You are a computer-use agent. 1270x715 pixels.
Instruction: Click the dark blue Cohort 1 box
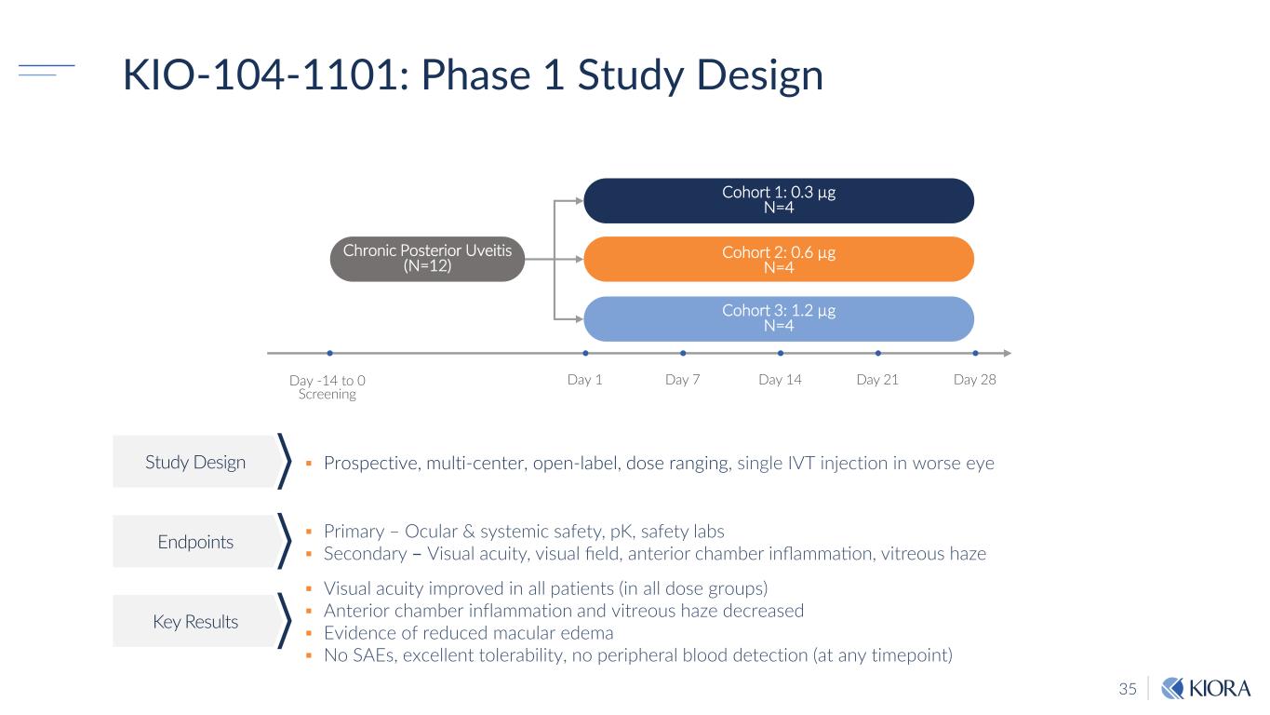778,200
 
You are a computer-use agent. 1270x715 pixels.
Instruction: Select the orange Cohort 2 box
778,259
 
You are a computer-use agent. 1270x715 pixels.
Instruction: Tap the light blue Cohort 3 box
778,317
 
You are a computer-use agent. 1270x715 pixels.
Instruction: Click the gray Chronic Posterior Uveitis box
427,259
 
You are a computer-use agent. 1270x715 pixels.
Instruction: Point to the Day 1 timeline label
585,380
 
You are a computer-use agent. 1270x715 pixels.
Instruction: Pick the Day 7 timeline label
683,380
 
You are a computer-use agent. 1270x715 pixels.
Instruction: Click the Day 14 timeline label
780,380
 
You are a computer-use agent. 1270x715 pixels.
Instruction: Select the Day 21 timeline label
877,380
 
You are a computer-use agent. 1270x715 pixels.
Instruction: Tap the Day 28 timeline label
975,380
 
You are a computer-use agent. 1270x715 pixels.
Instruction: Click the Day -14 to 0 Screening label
328,387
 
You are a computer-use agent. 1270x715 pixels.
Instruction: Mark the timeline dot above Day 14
781,353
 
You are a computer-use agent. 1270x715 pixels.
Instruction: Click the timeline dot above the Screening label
330,353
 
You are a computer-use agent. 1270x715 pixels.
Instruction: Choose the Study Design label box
195,462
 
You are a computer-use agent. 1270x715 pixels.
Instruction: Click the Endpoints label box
195,542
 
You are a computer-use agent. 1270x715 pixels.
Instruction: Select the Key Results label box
195,622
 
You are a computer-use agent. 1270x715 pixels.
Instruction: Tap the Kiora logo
1205,689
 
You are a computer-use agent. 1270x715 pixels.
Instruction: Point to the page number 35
1128,689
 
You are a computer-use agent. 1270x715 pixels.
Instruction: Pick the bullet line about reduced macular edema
468,633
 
